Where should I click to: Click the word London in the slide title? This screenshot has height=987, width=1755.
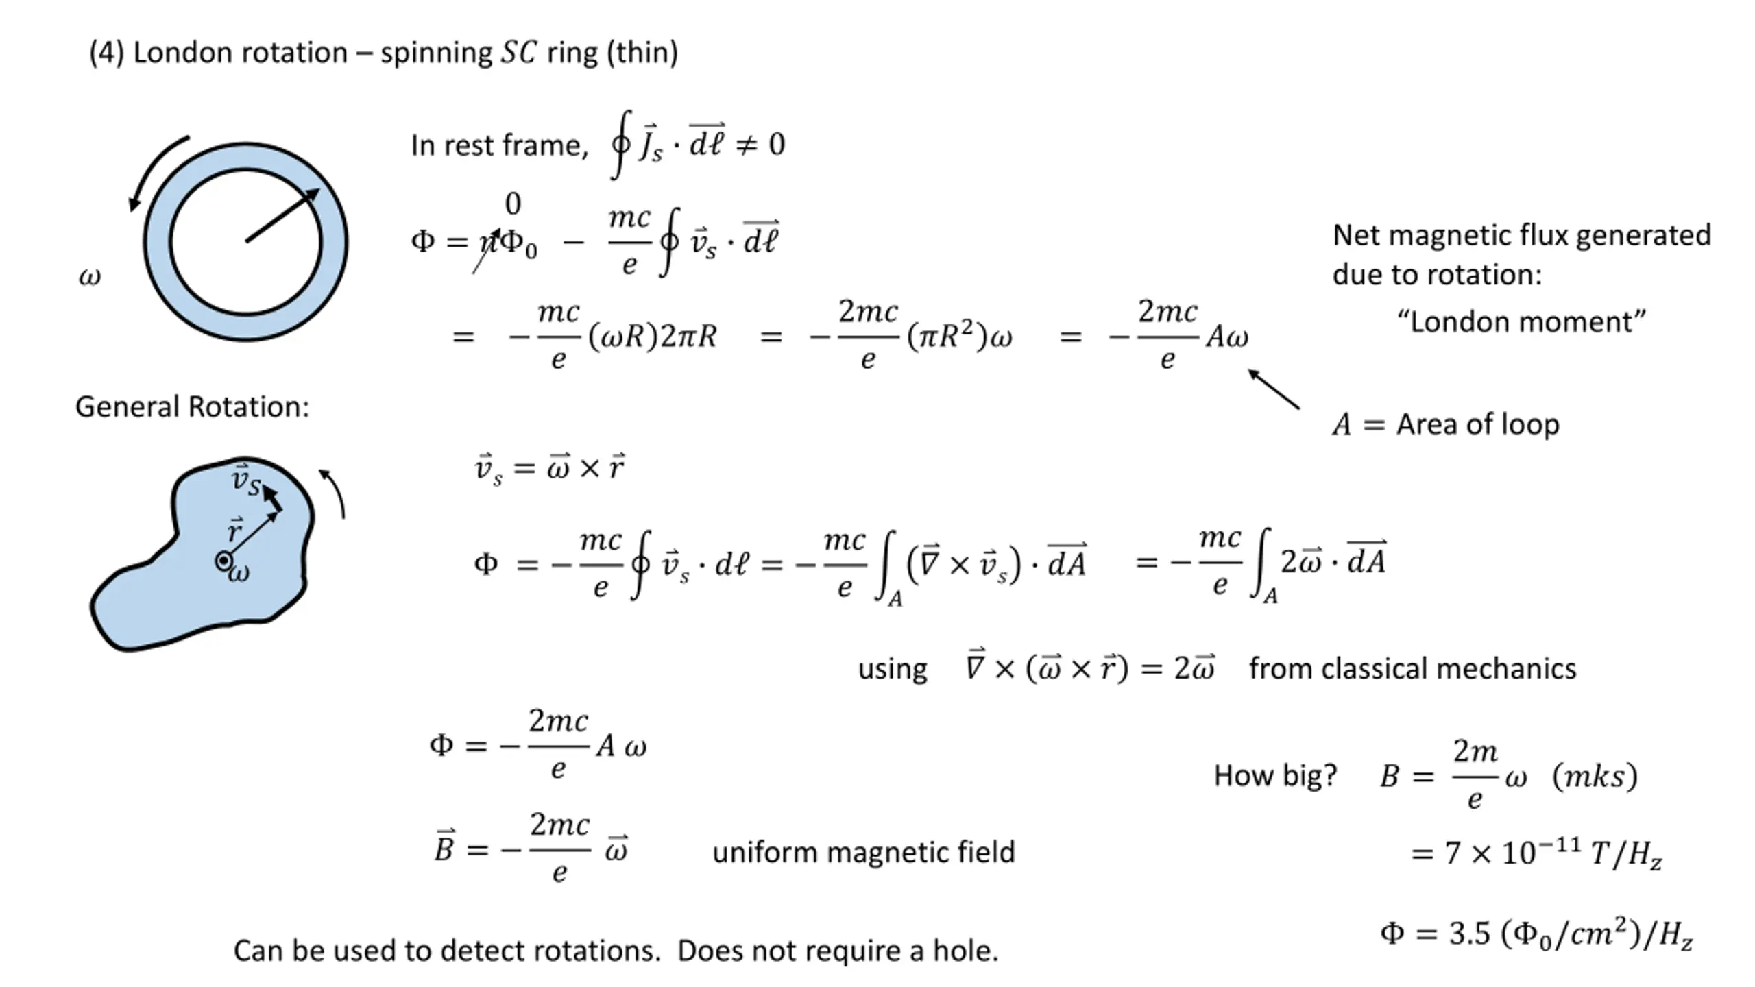240,53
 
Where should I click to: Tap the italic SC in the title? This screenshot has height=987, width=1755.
518,53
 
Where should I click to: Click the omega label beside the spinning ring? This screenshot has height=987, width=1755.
90,276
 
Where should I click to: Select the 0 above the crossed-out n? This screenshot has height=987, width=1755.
513,204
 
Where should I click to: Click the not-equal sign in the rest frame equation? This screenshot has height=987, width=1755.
746,145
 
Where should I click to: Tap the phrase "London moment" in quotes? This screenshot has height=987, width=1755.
1521,321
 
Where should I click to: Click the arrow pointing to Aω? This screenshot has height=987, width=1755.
1273,389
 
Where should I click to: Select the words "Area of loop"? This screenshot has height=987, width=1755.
1478,424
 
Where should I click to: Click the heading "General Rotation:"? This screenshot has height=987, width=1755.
192,406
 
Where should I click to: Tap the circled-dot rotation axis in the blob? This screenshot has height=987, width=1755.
223,561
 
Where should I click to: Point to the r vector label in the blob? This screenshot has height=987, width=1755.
235,531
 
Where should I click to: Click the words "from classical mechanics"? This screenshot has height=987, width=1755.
1412,668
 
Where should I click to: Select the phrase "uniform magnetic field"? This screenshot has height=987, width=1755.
863,852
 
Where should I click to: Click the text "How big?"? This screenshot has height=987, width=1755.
1275,775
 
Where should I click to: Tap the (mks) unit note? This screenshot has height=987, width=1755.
1595,777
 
